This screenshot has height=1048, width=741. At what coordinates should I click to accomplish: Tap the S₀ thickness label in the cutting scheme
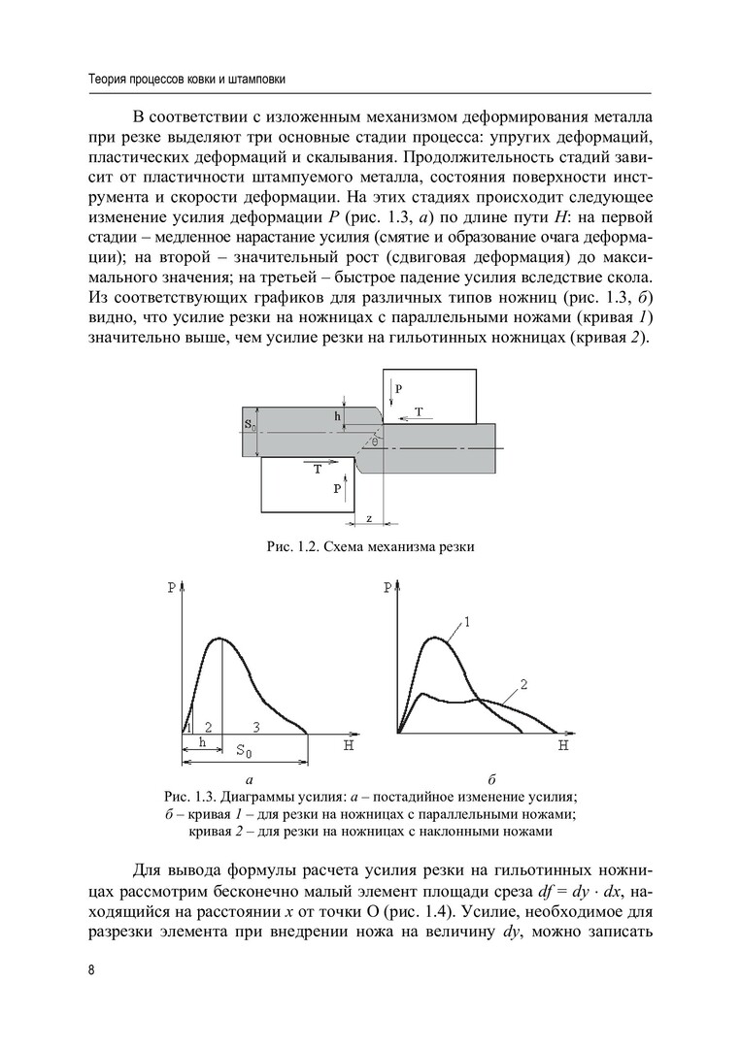point(250,425)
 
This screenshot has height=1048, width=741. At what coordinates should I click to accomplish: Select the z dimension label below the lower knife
point(369,519)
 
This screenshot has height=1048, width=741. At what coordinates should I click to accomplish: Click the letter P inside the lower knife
point(337,490)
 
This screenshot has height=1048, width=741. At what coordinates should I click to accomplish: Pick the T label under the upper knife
point(419,412)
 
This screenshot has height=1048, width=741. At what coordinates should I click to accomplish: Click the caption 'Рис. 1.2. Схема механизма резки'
point(370,547)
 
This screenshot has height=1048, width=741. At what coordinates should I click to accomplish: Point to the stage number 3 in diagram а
point(255,726)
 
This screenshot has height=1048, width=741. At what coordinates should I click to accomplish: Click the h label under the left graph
point(202,742)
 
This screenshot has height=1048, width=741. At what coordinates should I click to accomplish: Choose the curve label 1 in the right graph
point(467,622)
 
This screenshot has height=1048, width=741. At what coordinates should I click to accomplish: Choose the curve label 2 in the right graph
point(522,684)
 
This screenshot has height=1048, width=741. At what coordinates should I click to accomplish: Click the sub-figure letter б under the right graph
point(492,779)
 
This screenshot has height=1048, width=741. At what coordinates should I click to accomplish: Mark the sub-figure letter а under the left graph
point(250,779)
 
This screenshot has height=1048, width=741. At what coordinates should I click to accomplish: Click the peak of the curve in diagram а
point(221,638)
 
